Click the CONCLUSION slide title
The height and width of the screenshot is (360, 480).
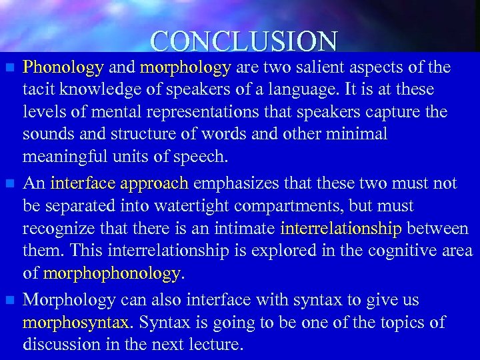click(x=243, y=41)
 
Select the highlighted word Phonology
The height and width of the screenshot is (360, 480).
click(x=63, y=67)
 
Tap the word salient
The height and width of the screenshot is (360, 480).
click(x=327, y=67)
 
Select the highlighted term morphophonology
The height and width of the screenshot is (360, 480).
click(x=111, y=274)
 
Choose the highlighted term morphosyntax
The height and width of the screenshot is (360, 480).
click(x=75, y=323)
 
